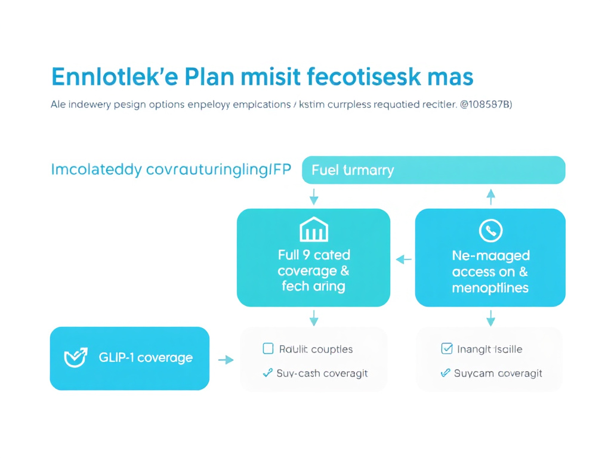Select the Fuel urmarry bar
click(x=434, y=170)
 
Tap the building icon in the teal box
click(x=313, y=230)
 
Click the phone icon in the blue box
click(x=490, y=230)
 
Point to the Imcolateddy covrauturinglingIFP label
click(x=171, y=170)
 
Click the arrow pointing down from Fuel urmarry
click(x=314, y=197)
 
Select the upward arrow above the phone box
click(x=490, y=196)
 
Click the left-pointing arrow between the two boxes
click(x=403, y=259)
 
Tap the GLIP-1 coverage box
click(x=129, y=358)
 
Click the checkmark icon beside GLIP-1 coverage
click(x=76, y=357)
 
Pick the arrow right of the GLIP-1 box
click(x=225, y=360)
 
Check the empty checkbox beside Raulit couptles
click(x=268, y=349)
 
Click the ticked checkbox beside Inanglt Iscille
click(x=446, y=349)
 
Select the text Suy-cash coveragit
click(x=322, y=374)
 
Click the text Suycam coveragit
click(x=498, y=374)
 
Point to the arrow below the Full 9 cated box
click(x=314, y=318)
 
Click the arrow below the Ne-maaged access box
click(x=490, y=318)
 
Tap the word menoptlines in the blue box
click(x=490, y=288)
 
